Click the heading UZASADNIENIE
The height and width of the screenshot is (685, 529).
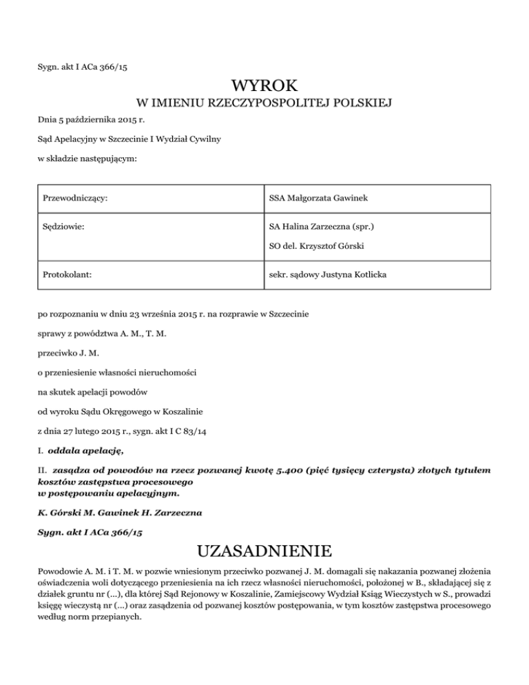click(265, 551)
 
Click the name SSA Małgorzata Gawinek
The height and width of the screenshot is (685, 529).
click(318, 198)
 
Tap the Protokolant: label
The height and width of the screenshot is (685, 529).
click(67, 274)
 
